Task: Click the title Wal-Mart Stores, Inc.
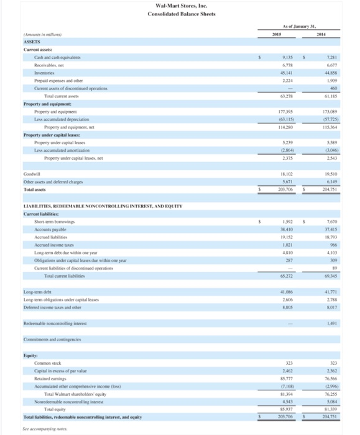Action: click(180, 6)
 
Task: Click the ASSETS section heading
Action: click(16, 43)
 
